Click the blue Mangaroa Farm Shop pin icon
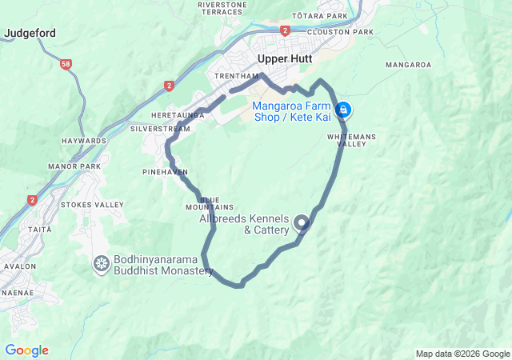click(343, 109)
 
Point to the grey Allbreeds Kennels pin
click(302, 222)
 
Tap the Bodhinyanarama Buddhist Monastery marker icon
click(102, 262)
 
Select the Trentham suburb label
click(235, 76)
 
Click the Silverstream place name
click(160, 128)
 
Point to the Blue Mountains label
click(209, 203)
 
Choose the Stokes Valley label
click(93, 204)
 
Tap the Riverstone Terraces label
click(221, 8)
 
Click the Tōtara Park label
click(320, 16)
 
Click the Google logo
click(26, 350)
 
